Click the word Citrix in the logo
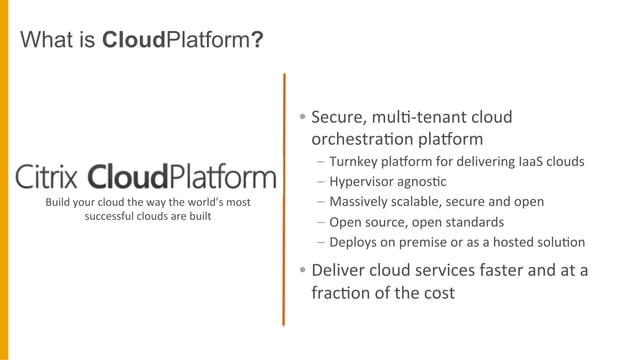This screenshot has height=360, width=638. click(47, 177)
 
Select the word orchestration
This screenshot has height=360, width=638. click(364, 138)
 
